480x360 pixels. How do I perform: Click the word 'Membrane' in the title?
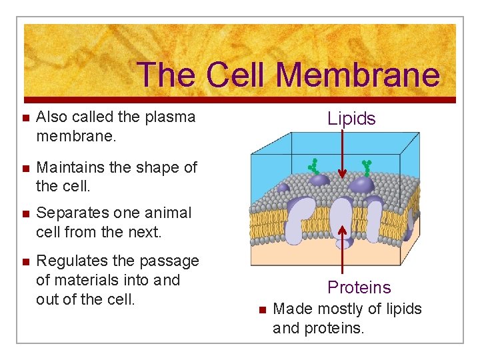pos(357,75)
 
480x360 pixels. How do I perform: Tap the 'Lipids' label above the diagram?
pos(351,119)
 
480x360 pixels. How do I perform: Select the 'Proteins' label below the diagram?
pos(359,287)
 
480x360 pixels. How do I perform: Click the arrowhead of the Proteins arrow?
pos(343,229)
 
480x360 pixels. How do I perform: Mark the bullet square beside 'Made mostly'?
pos(262,310)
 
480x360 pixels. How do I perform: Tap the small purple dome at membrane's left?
pos(283,188)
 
